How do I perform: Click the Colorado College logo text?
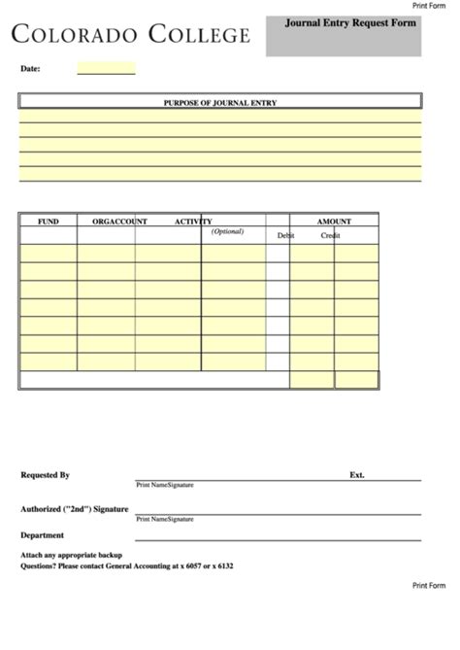coord(130,36)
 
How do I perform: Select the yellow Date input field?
coord(106,69)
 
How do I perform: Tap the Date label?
coord(30,69)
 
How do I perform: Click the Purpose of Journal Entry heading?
coord(220,101)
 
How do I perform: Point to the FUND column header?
coord(48,222)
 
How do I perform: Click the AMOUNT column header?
coord(334,222)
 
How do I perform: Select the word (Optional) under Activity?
coord(227,231)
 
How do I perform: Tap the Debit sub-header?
coord(285,235)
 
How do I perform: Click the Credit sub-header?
coord(330,235)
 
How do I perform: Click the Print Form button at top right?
coord(429,6)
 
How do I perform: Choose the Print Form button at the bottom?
coord(429,585)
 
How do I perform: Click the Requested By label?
coord(45,475)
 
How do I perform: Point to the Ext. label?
coord(356,475)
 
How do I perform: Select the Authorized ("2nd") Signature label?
coord(75,508)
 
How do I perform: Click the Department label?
coord(42,534)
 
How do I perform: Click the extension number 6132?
coord(223,565)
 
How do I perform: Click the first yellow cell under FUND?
coord(48,253)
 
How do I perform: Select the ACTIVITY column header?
coord(193,222)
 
